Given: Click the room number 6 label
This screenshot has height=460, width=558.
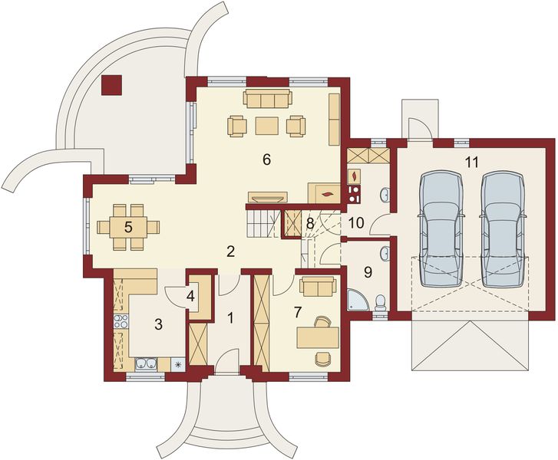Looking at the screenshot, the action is click(266, 160).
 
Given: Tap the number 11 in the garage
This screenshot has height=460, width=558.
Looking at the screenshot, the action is click(471, 162).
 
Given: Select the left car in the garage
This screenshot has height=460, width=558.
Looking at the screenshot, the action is click(441, 229).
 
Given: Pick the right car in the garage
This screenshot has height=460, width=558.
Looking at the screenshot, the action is click(504, 229).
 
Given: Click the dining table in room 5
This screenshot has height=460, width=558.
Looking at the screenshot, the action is click(128, 227).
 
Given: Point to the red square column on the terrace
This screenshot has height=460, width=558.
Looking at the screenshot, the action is click(112, 85).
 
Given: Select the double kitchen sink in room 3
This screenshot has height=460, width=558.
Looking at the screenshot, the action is click(147, 363).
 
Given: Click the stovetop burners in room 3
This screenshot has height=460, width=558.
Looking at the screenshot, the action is click(121, 321).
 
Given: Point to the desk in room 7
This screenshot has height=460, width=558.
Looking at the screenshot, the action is click(318, 337).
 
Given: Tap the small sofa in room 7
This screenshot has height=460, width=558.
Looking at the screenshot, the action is click(318, 287).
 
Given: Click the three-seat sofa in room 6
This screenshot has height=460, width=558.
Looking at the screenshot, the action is click(268, 98).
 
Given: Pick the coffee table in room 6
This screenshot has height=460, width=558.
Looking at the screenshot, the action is click(267, 126).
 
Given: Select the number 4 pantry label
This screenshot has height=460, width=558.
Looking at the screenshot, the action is click(191, 296).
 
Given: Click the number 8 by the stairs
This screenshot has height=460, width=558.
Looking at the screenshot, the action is click(310, 224).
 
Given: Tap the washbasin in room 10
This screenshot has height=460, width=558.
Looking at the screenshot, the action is click(385, 195).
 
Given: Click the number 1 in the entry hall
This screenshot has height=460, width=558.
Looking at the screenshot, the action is click(230, 317).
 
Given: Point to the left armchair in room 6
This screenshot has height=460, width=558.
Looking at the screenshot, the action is click(236, 126).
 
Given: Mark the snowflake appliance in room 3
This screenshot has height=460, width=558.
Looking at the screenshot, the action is click(178, 364).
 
